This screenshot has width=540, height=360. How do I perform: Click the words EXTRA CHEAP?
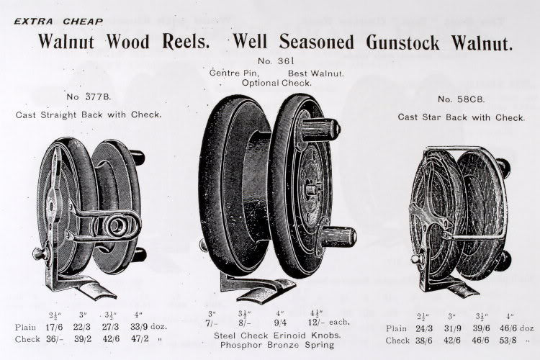(x=58, y=22)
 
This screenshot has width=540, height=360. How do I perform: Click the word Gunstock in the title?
(x=402, y=42)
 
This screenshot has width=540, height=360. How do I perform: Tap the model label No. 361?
(x=276, y=61)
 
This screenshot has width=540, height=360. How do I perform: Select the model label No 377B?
(x=89, y=96)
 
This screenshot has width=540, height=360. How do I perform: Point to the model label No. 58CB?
(x=461, y=99)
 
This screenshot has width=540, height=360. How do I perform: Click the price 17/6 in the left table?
(x=54, y=327)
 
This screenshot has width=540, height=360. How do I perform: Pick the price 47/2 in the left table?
(x=140, y=338)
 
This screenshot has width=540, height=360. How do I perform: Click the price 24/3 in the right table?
(x=424, y=328)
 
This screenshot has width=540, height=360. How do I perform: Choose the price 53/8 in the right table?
(x=508, y=341)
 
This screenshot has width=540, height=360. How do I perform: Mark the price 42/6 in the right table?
(x=452, y=341)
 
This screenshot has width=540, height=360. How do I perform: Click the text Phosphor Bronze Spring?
(x=277, y=345)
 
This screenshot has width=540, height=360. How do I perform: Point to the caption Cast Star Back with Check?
(x=461, y=117)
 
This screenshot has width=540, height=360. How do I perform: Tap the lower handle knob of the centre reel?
(x=337, y=236)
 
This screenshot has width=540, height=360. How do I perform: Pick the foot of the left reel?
(x=82, y=285)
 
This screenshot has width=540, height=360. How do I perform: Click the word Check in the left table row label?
(x=27, y=339)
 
